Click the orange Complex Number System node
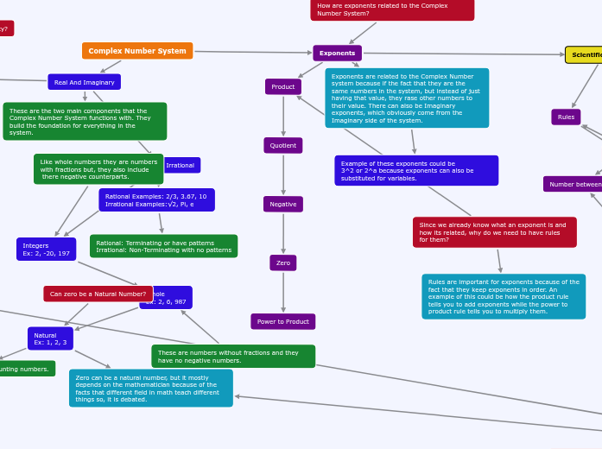(x=137, y=51)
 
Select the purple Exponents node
(x=337, y=54)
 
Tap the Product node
(x=283, y=86)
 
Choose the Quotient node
(x=283, y=145)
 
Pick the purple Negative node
(x=283, y=204)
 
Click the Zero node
(x=283, y=262)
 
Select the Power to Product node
(x=283, y=321)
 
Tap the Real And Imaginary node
(x=84, y=82)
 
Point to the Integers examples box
(x=46, y=249)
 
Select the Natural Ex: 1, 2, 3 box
(x=50, y=338)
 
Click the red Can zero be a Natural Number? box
(x=98, y=294)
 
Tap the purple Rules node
(x=566, y=117)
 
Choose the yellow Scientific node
(x=585, y=54)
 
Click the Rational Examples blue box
(x=156, y=200)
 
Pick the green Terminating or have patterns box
(x=163, y=246)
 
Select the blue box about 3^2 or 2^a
(x=416, y=170)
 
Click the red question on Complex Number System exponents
(x=392, y=9)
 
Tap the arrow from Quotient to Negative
(x=283, y=174)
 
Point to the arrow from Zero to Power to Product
(x=283, y=292)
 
